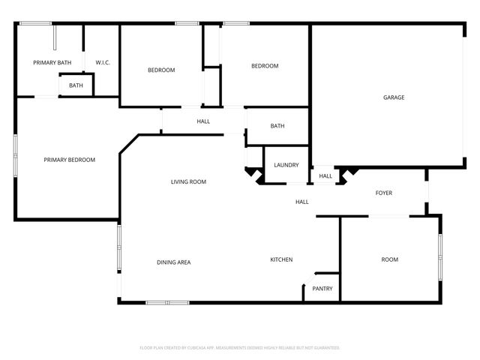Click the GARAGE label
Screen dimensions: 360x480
tap(394, 97)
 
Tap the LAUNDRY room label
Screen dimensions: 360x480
tap(286, 165)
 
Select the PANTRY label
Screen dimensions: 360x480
tap(322, 289)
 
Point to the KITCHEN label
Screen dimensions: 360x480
tap(281, 259)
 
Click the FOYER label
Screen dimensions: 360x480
tap(383, 193)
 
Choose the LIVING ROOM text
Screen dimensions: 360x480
tap(188, 181)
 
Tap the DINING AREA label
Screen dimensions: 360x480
tap(173, 262)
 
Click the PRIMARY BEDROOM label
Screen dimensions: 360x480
tap(69, 160)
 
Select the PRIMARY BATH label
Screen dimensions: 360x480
tap(52, 62)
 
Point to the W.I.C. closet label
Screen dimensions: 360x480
tap(103, 62)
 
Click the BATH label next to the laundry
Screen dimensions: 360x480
tap(277, 126)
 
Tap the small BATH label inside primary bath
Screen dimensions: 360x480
tap(76, 85)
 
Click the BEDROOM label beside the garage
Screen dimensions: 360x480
tap(264, 66)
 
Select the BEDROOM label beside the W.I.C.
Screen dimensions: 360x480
tap(160, 70)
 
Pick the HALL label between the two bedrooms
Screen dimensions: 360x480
tap(203, 121)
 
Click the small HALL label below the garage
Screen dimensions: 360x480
tap(325, 176)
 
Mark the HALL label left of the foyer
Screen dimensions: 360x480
tap(301, 202)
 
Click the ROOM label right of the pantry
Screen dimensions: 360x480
tap(389, 259)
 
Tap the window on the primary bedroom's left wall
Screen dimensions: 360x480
tap(15, 156)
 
